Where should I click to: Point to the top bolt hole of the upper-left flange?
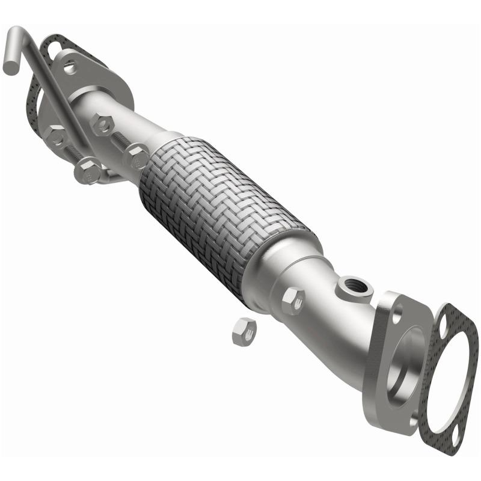(x=71, y=67)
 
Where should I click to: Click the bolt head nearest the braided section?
(x=136, y=159)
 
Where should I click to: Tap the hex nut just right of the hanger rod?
(x=102, y=124)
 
